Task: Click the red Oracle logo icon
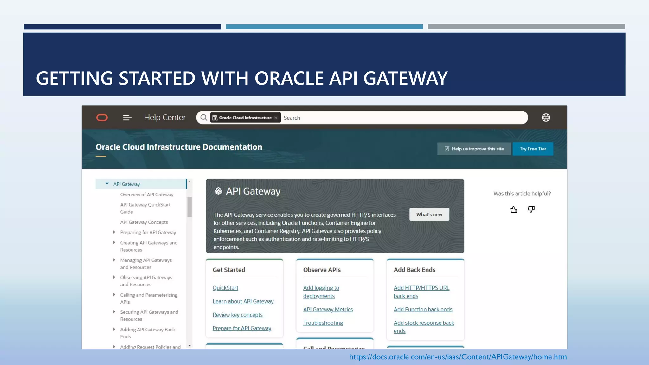pos(102,118)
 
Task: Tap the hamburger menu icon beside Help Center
pos(127,118)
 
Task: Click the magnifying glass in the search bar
pos(204,118)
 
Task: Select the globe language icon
pos(546,118)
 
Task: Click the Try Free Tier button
pos(533,149)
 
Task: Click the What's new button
pos(429,215)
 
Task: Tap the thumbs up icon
pos(514,209)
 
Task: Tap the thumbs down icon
pos(531,209)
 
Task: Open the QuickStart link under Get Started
pos(225,288)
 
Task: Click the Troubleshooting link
pos(323,323)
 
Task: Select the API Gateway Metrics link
pos(328,310)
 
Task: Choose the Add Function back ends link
pos(423,310)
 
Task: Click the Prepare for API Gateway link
pos(242,328)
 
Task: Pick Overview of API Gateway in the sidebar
pos(147,195)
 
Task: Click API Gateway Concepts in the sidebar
pos(144,222)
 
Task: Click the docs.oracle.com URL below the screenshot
pos(458,357)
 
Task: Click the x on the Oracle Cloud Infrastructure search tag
pos(276,118)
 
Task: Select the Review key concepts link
pos(237,315)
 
